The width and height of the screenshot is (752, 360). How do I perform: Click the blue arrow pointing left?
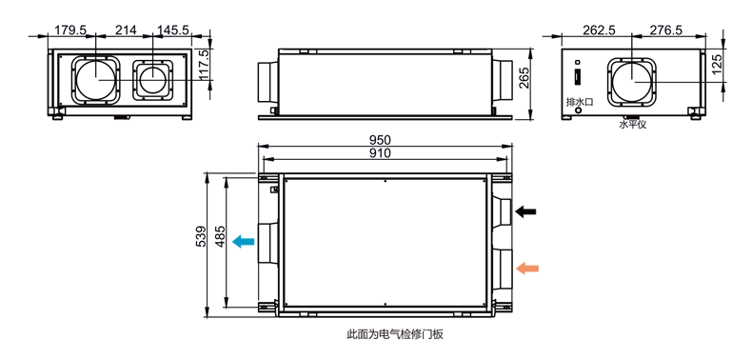coord(244,241)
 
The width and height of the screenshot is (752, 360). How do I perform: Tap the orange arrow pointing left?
coord(527,269)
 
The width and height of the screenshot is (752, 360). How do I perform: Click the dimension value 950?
coord(380,140)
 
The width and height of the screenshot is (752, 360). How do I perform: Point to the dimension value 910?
coord(380,152)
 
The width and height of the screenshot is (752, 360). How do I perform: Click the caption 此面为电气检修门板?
coord(396,334)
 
